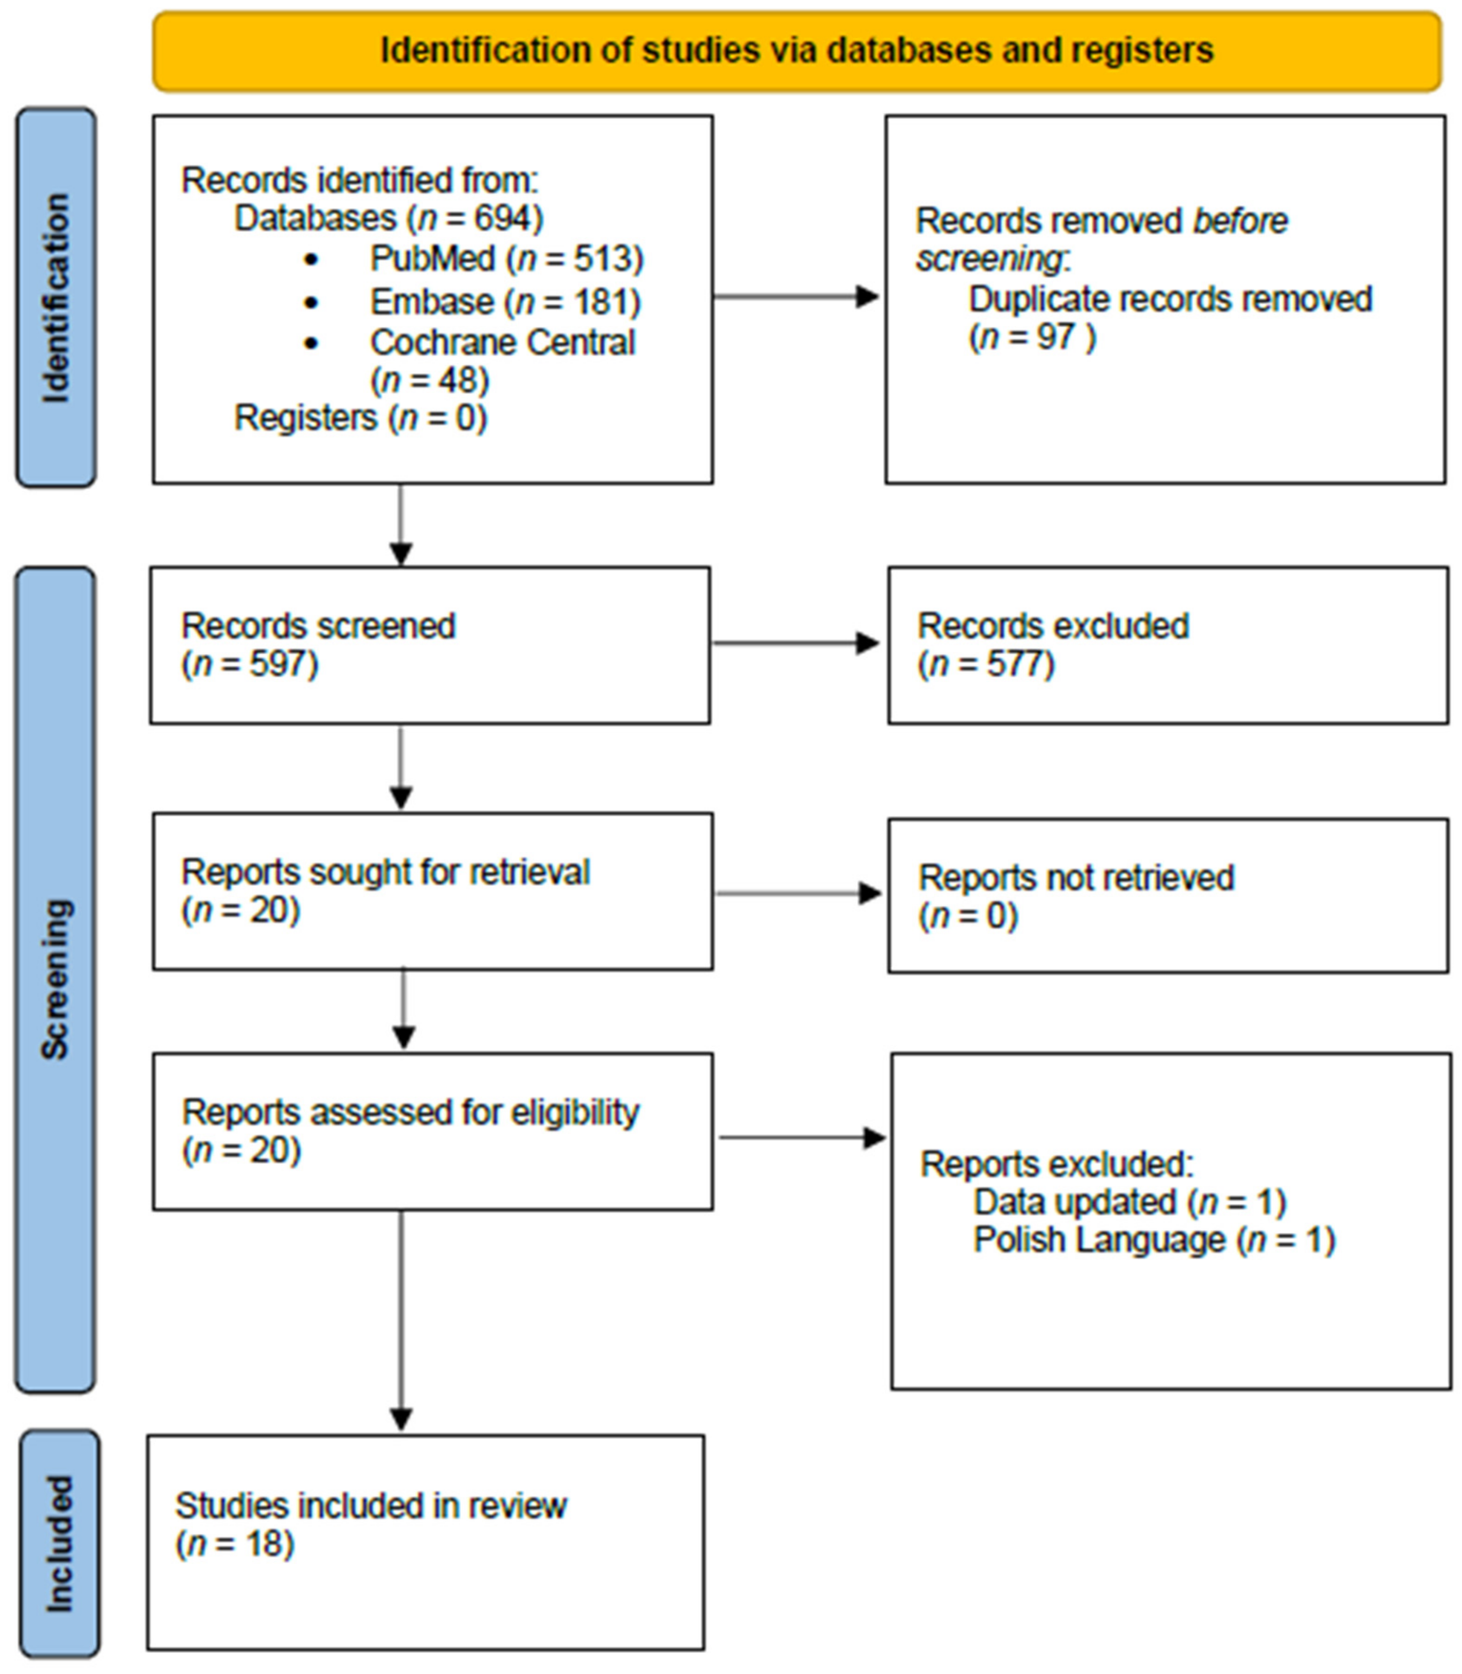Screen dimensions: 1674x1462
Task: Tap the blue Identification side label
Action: click(56, 297)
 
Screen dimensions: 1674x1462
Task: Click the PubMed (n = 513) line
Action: click(506, 259)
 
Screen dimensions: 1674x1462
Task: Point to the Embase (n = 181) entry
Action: click(505, 302)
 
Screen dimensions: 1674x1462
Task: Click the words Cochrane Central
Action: click(502, 343)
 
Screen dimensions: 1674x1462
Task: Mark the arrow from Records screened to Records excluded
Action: click(796, 644)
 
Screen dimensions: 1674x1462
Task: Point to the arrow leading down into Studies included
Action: click(400, 1321)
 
